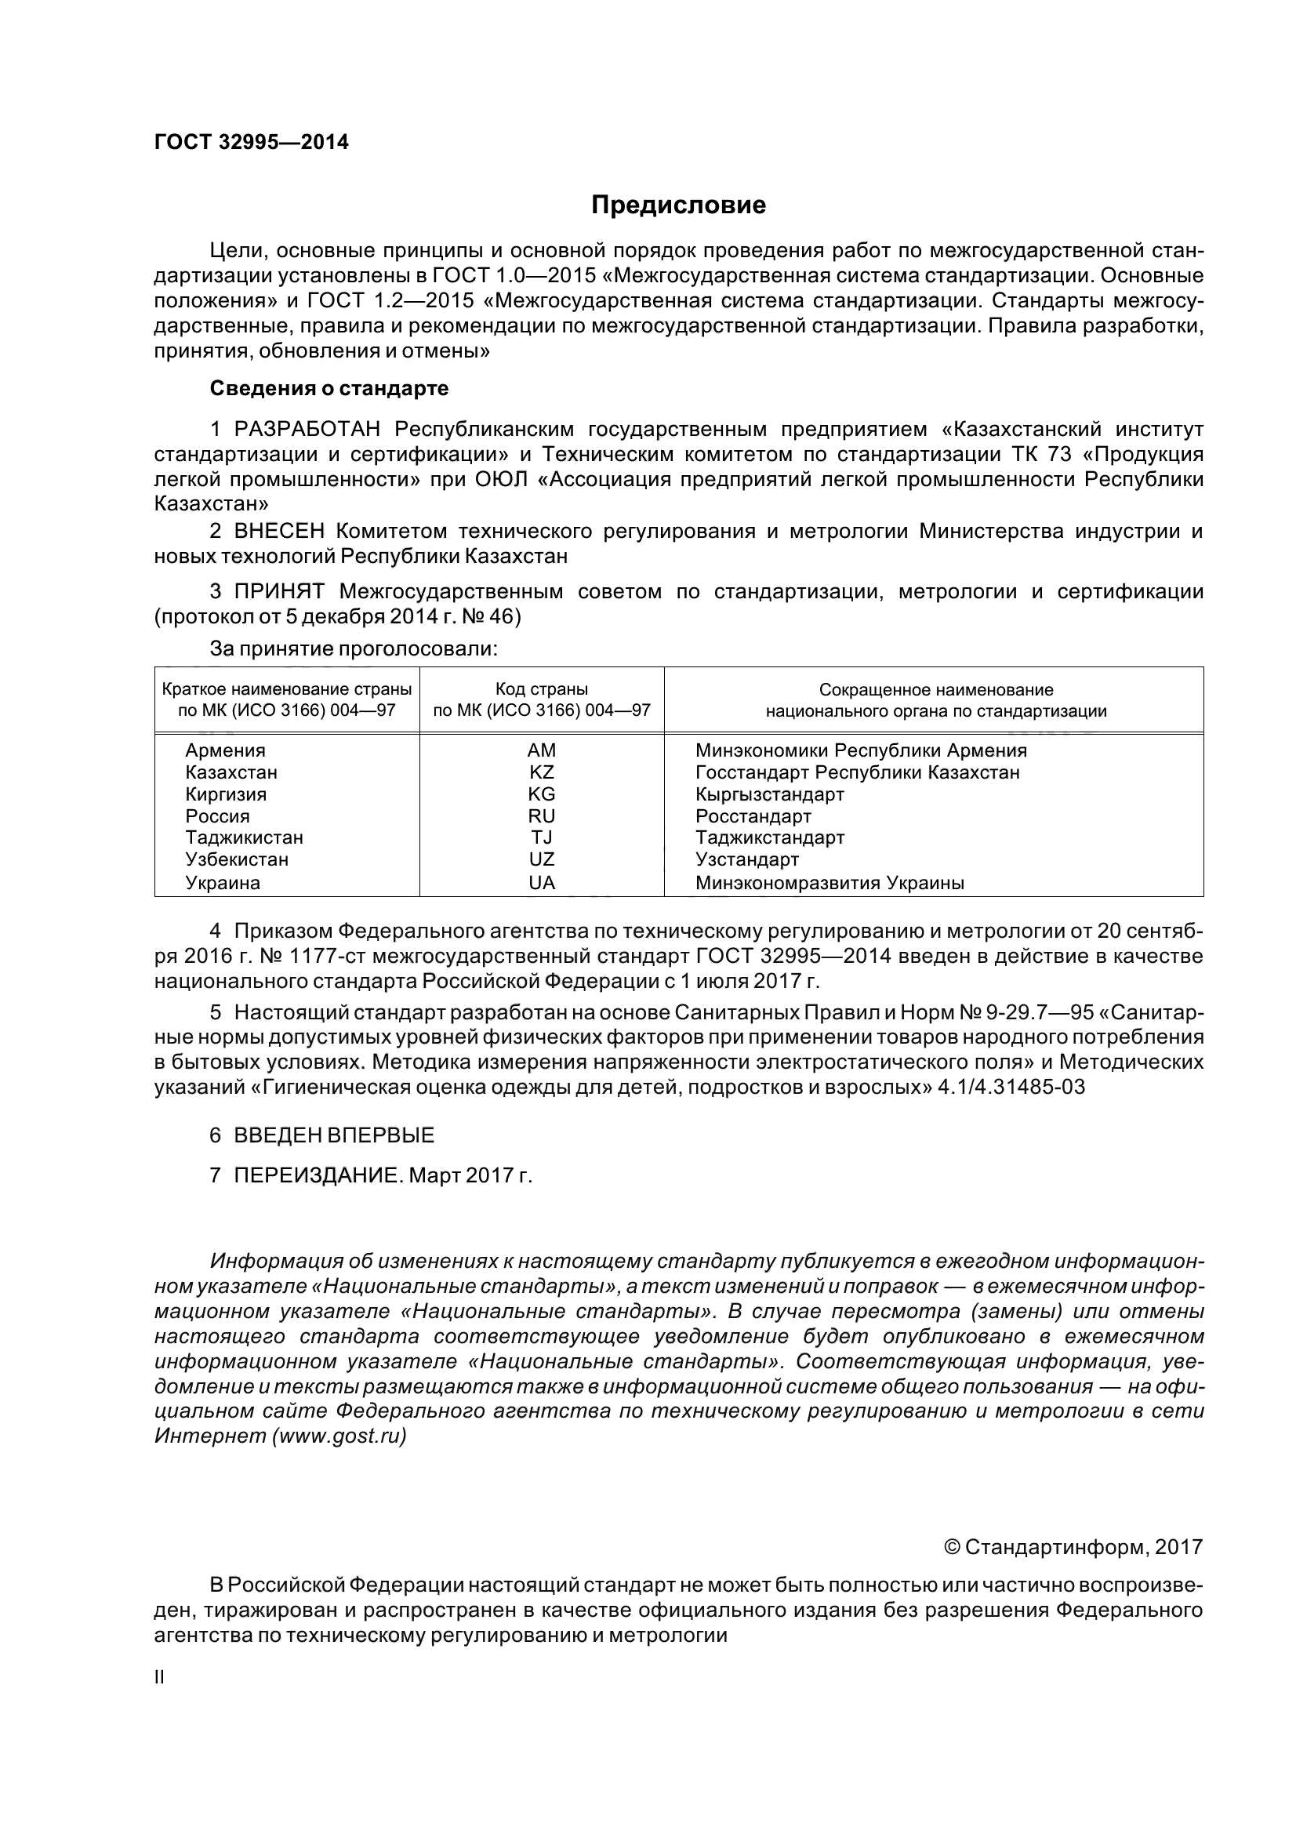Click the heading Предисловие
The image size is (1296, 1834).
(678, 205)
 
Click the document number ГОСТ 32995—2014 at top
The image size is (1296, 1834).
(252, 142)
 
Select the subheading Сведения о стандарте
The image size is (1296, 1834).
(329, 389)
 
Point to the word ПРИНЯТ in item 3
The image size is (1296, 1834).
(279, 592)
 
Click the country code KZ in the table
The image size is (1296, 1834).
(542, 772)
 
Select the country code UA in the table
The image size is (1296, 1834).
(542, 883)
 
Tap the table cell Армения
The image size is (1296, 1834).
(225, 750)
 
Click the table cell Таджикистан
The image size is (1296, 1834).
(245, 838)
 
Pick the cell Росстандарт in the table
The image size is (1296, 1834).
(753, 816)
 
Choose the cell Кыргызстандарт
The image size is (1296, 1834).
(770, 795)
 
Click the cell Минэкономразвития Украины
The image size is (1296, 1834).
(830, 883)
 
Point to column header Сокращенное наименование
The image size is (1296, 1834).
(936, 689)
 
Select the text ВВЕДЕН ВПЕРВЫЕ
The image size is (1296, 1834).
(334, 1135)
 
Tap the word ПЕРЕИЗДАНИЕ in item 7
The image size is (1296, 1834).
(314, 1176)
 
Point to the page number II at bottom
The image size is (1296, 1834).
(159, 1677)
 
